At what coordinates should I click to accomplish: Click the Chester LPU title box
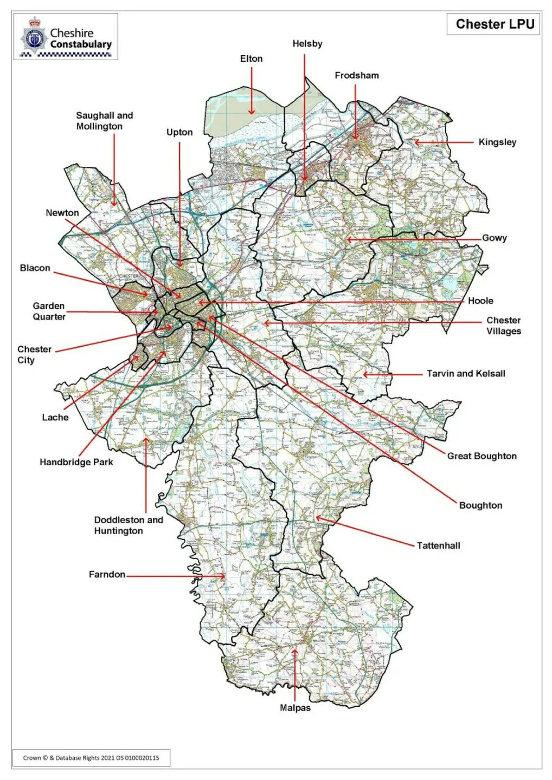point(493,24)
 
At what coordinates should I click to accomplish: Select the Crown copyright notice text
point(91,758)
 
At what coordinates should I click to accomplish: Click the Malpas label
point(295,708)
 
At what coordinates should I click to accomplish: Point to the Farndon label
point(107,574)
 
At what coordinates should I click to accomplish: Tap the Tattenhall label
point(438,545)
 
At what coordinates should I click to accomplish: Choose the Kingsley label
point(497,142)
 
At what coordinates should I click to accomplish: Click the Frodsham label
point(356,75)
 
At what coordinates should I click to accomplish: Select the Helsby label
point(307,44)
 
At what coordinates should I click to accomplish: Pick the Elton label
point(251,58)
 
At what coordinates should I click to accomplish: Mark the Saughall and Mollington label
point(104,121)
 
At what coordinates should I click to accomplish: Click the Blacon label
point(35,268)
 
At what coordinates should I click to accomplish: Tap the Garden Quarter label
point(49,311)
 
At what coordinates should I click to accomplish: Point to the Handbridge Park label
point(76,462)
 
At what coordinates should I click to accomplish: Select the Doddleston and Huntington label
point(129,525)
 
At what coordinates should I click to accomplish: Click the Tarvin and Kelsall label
point(466,373)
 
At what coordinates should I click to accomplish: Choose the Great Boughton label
point(482,456)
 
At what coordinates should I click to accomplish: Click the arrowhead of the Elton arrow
point(252,113)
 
